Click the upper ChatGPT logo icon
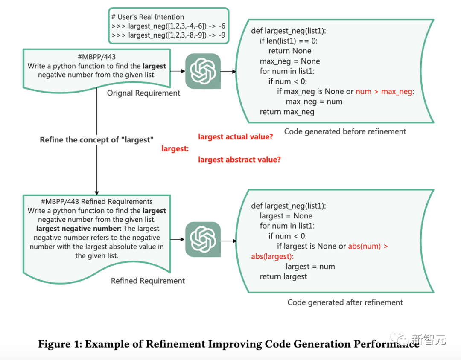click(x=203, y=71)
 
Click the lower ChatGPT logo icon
click(x=203, y=240)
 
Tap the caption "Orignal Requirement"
click(x=143, y=93)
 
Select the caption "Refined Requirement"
click(x=148, y=281)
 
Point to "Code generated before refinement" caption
click(x=345, y=131)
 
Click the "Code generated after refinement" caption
click(x=345, y=302)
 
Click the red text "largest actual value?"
click(x=235, y=137)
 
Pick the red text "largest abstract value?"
click(x=239, y=160)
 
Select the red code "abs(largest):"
click(x=272, y=256)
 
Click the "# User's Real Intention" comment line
click(x=147, y=17)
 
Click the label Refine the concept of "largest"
click(x=96, y=140)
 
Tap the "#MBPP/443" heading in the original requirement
click(x=96, y=57)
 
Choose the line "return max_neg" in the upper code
click(x=287, y=112)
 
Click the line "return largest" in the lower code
click(x=283, y=276)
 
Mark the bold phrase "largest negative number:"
click(x=79, y=229)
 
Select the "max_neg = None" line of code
click(x=289, y=61)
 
